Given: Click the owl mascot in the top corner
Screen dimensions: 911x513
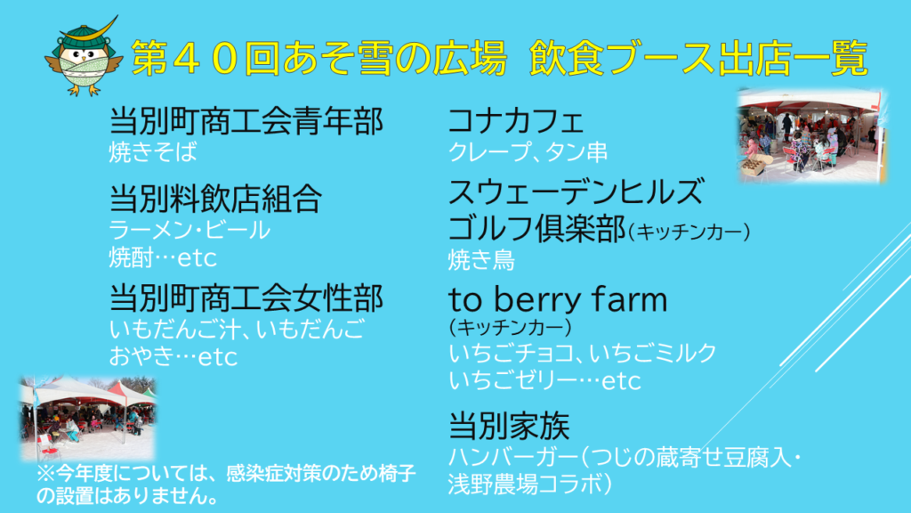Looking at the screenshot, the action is click(x=84, y=57).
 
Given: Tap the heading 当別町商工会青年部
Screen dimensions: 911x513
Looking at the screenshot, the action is click(x=246, y=121).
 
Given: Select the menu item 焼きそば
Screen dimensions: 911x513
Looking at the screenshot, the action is click(x=153, y=152).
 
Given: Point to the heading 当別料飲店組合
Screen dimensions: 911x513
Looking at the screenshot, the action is click(x=215, y=199).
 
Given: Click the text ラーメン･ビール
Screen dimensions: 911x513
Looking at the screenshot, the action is click(x=189, y=231).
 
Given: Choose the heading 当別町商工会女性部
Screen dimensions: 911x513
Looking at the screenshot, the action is click(x=246, y=297).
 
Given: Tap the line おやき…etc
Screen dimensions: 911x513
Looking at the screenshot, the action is click(x=173, y=356).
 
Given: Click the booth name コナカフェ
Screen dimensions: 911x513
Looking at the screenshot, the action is click(x=516, y=121).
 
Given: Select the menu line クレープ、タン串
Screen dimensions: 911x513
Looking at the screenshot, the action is click(x=528, y=152).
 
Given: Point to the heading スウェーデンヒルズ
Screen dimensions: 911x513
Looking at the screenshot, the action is click(x=576, y=192).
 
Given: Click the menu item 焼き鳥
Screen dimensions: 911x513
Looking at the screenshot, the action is click(x=481, y=260).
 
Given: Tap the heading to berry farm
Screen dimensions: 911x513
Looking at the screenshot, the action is click(x=558, y=299).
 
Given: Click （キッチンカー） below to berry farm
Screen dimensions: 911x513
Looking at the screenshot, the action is click(x=510, y=328).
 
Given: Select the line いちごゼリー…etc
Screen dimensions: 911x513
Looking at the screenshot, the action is click(x=544, y=381).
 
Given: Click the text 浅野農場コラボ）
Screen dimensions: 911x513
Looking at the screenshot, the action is click(x=530, y=484).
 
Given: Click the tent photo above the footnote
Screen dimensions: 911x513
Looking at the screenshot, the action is click(x=88, y=419).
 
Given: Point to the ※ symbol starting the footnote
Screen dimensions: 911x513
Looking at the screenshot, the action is click(x=46, y=474).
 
